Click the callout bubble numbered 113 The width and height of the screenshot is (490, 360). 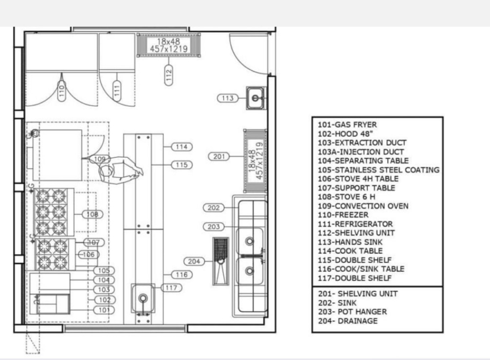228,98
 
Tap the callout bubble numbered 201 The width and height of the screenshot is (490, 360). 219,156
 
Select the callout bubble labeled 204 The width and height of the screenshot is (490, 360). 194,261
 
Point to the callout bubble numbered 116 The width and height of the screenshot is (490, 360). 182,275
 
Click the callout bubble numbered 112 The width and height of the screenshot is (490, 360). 169,75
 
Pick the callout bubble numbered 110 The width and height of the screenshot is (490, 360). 62,91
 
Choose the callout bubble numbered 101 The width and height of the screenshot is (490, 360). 104,310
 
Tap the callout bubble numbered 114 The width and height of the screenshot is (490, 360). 182,146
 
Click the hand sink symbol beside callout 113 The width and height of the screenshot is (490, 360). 256,98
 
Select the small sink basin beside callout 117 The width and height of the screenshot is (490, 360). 143,298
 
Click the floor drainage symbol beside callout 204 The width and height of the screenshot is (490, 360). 221,261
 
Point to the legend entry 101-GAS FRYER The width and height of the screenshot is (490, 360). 347,125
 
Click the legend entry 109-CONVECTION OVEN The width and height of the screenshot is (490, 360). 363,206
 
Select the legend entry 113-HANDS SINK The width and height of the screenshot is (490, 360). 350,242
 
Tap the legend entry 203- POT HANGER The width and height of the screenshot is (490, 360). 352,312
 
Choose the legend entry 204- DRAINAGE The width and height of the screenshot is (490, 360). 348,321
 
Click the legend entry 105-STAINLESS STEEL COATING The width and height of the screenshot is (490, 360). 379,170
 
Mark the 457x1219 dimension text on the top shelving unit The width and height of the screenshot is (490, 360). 169,49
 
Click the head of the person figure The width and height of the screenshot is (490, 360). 106,171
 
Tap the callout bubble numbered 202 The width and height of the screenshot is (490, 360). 214,208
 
